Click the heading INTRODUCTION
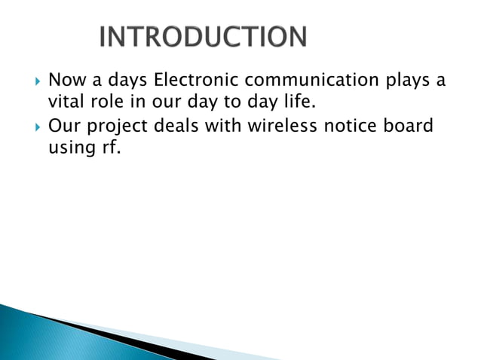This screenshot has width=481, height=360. tap(203, 38)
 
